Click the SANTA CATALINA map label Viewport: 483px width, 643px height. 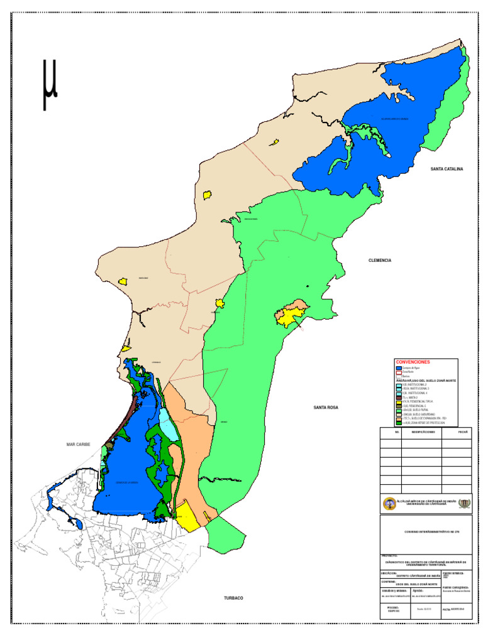point(447,170)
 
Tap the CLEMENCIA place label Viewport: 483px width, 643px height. point(380,260)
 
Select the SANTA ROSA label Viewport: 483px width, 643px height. point(326,408)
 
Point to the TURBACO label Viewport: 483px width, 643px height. point(233,598)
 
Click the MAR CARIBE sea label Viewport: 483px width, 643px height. point(79,445)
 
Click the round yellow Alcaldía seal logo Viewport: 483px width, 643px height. point(389,504)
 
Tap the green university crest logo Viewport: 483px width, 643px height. point(464,504)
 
